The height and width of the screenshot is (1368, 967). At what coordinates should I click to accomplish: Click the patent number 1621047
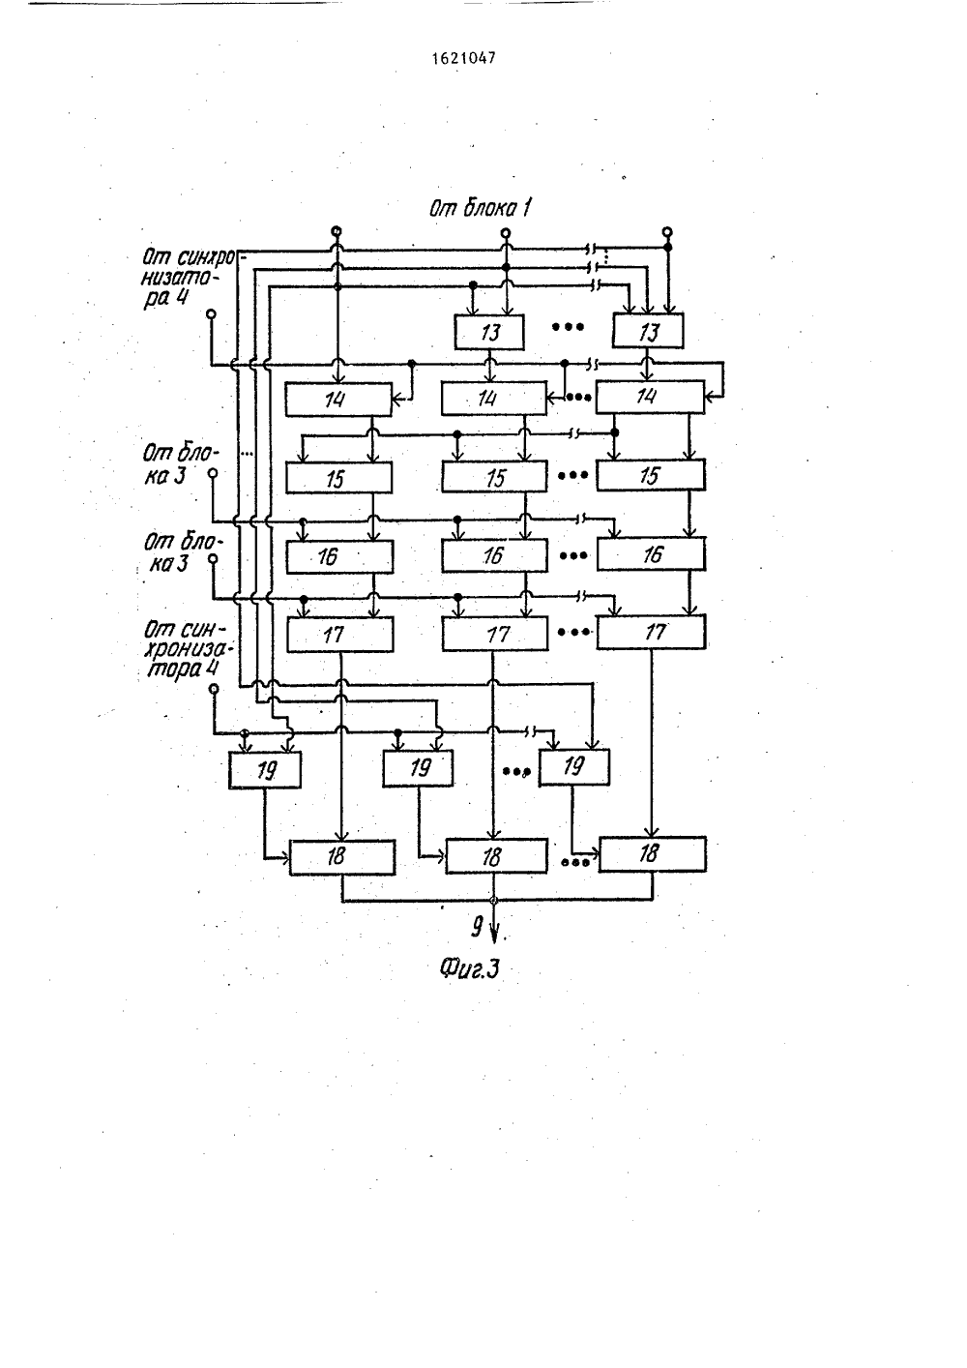(464, 58)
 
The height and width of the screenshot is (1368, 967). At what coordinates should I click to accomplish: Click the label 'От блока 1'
(480, 208)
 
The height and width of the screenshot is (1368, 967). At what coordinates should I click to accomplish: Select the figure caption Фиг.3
(469, 968)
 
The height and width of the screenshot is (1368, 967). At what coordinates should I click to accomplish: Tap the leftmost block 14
(338, 400)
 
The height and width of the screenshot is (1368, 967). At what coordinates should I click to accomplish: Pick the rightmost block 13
(648, 331)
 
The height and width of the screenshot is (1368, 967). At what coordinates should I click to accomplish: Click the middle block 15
(494, 477)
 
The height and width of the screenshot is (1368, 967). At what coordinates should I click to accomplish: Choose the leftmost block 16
(339, 556)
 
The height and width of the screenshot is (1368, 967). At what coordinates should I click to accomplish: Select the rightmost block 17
(652, 632)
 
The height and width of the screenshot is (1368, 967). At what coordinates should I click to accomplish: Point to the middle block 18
(496, 856)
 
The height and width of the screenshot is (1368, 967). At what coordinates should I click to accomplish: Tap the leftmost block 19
(265, 770)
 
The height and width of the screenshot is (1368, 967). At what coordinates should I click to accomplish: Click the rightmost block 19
(574, 767)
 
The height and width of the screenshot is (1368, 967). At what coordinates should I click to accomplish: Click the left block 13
(489, 332)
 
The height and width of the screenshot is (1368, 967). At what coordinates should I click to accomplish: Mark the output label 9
(477, 928)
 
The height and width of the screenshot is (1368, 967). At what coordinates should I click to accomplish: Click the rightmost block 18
(653, 853)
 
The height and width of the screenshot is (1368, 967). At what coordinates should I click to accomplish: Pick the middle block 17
(495, 635)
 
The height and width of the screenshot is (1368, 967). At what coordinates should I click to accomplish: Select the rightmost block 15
(651, 475)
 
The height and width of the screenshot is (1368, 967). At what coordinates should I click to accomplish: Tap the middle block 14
(494, 399)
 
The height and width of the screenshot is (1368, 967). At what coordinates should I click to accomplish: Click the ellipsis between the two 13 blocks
(568, 327)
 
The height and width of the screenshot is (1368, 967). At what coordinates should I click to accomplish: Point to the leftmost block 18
(342, 857)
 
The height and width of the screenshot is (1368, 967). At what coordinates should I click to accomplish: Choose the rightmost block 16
(652, 554)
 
